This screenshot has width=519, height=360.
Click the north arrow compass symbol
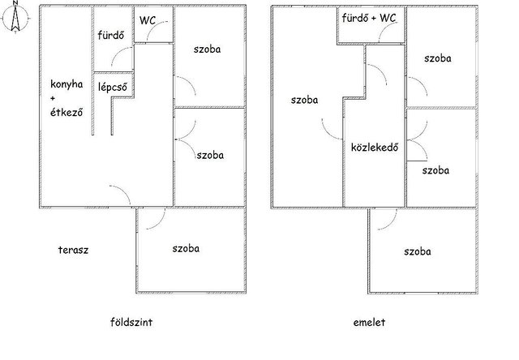click(15, 17)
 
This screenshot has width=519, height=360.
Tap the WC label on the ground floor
click(148, 20)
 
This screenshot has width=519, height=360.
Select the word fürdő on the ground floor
click(111, 35)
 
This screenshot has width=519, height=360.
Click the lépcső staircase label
click(113, 87)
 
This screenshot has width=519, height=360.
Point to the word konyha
click(66, 84)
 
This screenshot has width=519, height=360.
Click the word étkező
click(66, 112)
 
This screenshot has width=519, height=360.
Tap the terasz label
click(73, 250)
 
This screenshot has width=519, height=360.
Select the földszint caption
click(131, 322)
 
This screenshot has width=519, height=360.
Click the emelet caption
click(369, 322)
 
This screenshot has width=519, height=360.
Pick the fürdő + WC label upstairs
click(369, 18)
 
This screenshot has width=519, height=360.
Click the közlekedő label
click(375, 147)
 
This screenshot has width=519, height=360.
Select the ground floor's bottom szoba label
click(186, 248)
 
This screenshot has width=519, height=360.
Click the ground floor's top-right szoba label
click(208, 49)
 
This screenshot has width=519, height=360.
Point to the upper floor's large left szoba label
click(305, 100)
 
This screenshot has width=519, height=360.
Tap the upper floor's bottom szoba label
click(418, 251)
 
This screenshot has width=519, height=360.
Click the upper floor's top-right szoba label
click(438, 58)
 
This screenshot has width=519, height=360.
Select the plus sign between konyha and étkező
click(53, 98)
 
